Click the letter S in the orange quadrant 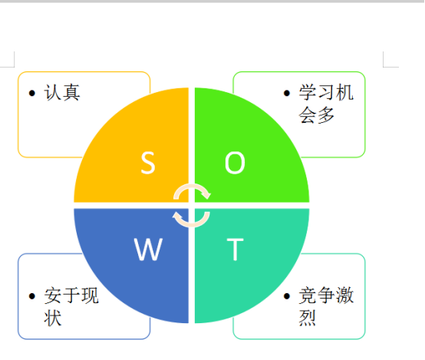click(148, 163)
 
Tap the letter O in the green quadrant click(235, 163)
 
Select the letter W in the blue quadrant click(148, 249)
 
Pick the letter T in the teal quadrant click(235, 249)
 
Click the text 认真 click(62, 93)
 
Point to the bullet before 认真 click(32, 94)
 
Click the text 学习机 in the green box click(326, 93)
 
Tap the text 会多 click(317, 115)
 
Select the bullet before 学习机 click(287, 94)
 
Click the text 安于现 click(71, 296)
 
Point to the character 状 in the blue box click(53, 318)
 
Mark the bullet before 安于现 click(32, 296)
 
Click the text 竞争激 click(326, 295)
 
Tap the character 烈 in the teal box click(308, 318)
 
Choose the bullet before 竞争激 click(287, 296)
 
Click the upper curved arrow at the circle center click(192, 186)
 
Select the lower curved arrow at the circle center click(191, 225)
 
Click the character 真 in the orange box click(71, 93)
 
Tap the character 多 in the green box click(326, 115)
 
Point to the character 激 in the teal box click(345, 295)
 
